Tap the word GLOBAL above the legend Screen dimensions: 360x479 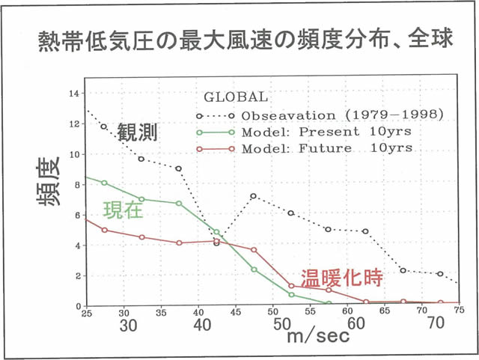coord(236,97)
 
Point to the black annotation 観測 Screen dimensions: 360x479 coord(137,134)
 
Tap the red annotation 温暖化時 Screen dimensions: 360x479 coord(341,278)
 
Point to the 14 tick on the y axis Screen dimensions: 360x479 coord(73,94)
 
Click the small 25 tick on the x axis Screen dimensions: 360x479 coord(86,312)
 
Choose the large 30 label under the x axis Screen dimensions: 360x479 coord(127,326)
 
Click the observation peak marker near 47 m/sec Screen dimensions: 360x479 coord(254,196)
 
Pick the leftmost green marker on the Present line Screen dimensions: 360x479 coord(104,183)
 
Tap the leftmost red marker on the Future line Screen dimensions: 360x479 coord(104,230)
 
